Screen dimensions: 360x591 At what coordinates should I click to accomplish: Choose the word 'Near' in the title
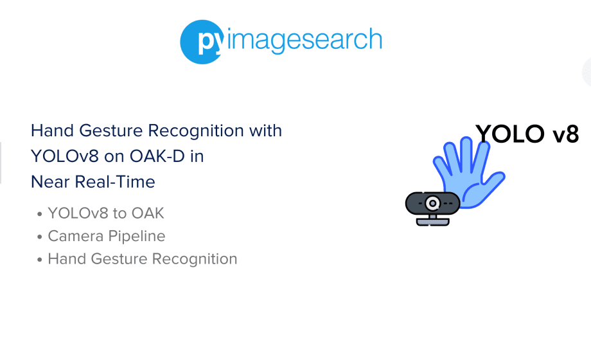click(x=50, y=182)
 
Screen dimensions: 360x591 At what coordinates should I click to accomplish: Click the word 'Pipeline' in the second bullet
click(x=136, y=237)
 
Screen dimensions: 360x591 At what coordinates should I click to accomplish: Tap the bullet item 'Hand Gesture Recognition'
click(x=142, y=259)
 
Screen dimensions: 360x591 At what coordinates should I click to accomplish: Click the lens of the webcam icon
click(x=433, y=203)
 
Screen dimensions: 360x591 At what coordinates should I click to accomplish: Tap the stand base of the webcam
click(x=433, y=221)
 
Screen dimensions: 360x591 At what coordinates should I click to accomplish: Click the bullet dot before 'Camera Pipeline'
click(x=40, y=237)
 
